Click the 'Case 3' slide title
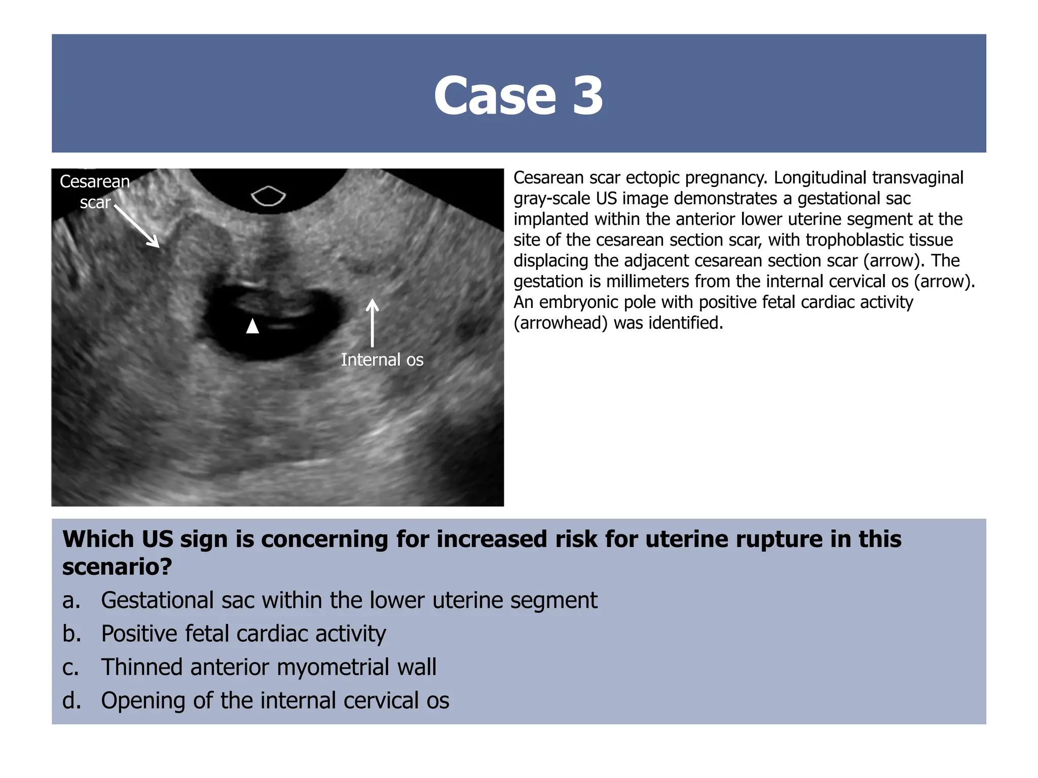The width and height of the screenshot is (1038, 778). [518, 95]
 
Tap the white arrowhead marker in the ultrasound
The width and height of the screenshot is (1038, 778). [252, 326]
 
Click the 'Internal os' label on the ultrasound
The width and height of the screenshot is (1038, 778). [382, 360]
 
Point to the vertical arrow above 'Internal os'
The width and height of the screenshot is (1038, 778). [373, 323]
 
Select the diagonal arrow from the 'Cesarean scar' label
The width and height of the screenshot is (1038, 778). [137, 226]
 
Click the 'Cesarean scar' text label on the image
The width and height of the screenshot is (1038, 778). [95, 191]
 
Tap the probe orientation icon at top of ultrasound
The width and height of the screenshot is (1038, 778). [269, 196]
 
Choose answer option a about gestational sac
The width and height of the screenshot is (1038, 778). [349, 600]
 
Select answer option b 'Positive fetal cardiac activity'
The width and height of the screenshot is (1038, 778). [243, 634]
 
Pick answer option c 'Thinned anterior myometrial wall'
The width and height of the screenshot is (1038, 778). [269, 667]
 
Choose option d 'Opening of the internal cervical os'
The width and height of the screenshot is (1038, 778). [275, 701]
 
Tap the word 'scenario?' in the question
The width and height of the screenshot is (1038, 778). [117, 566]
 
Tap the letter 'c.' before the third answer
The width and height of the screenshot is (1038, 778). [71, 668]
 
